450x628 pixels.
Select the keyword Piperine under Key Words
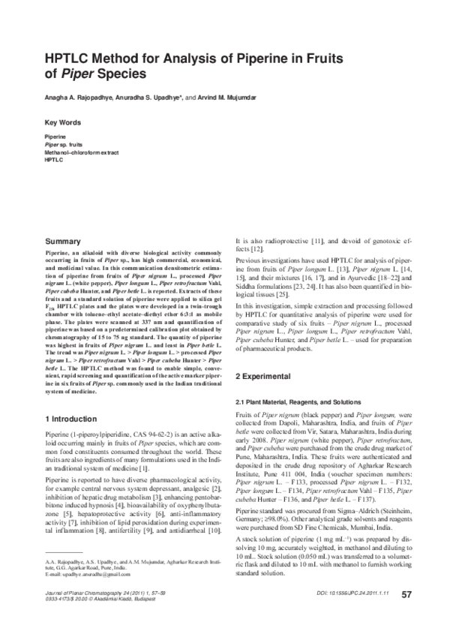tap(55, 138)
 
